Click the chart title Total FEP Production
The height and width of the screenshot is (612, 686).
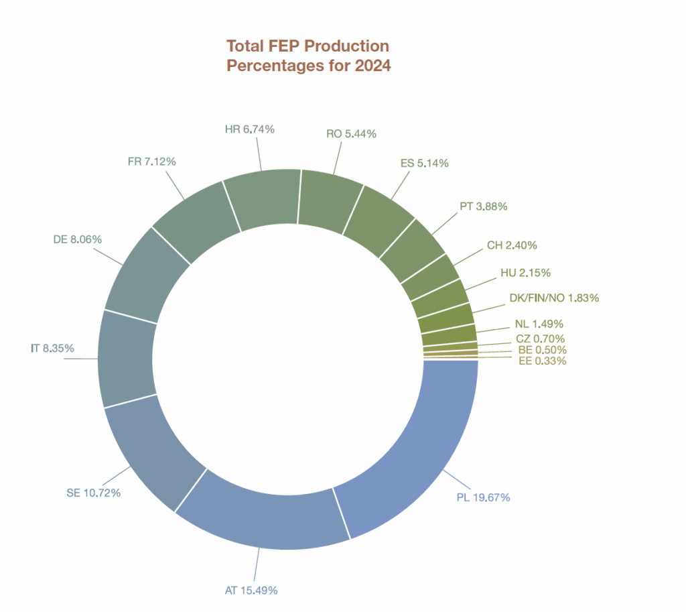click(x=307, y=46)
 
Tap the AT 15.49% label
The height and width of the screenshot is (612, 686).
click(x=251, y=591)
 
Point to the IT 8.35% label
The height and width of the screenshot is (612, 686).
click(x=52, y=349)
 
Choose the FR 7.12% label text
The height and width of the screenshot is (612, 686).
click(x=151, y=162)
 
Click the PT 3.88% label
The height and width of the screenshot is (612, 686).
click(x=483, y=206)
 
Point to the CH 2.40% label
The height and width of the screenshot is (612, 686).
click(x=512, y=245)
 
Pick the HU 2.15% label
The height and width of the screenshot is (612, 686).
click(x=525, y=273)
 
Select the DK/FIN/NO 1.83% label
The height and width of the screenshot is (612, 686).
click(x=554, y=297)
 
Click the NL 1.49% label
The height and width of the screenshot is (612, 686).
click(x=544, y=324)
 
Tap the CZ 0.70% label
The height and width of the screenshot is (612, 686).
click(x=541, y=339)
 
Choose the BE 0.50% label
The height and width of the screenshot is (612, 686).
click(x=543, y=350)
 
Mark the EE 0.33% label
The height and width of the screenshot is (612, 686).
click(x=543, y=361)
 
